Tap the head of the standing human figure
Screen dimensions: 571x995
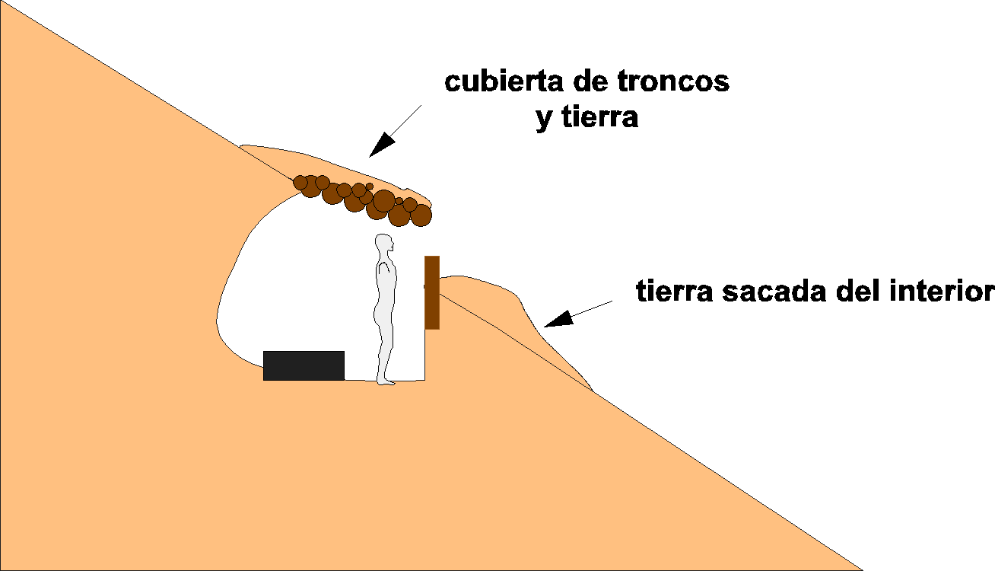coord(385,245)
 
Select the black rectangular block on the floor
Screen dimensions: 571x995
coord(304,365)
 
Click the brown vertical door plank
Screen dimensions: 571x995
coord(432,292)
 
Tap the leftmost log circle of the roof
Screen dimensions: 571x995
coord(300,182)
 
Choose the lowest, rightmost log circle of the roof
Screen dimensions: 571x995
coord(421,216)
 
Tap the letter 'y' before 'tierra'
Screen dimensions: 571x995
coord(543,120)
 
